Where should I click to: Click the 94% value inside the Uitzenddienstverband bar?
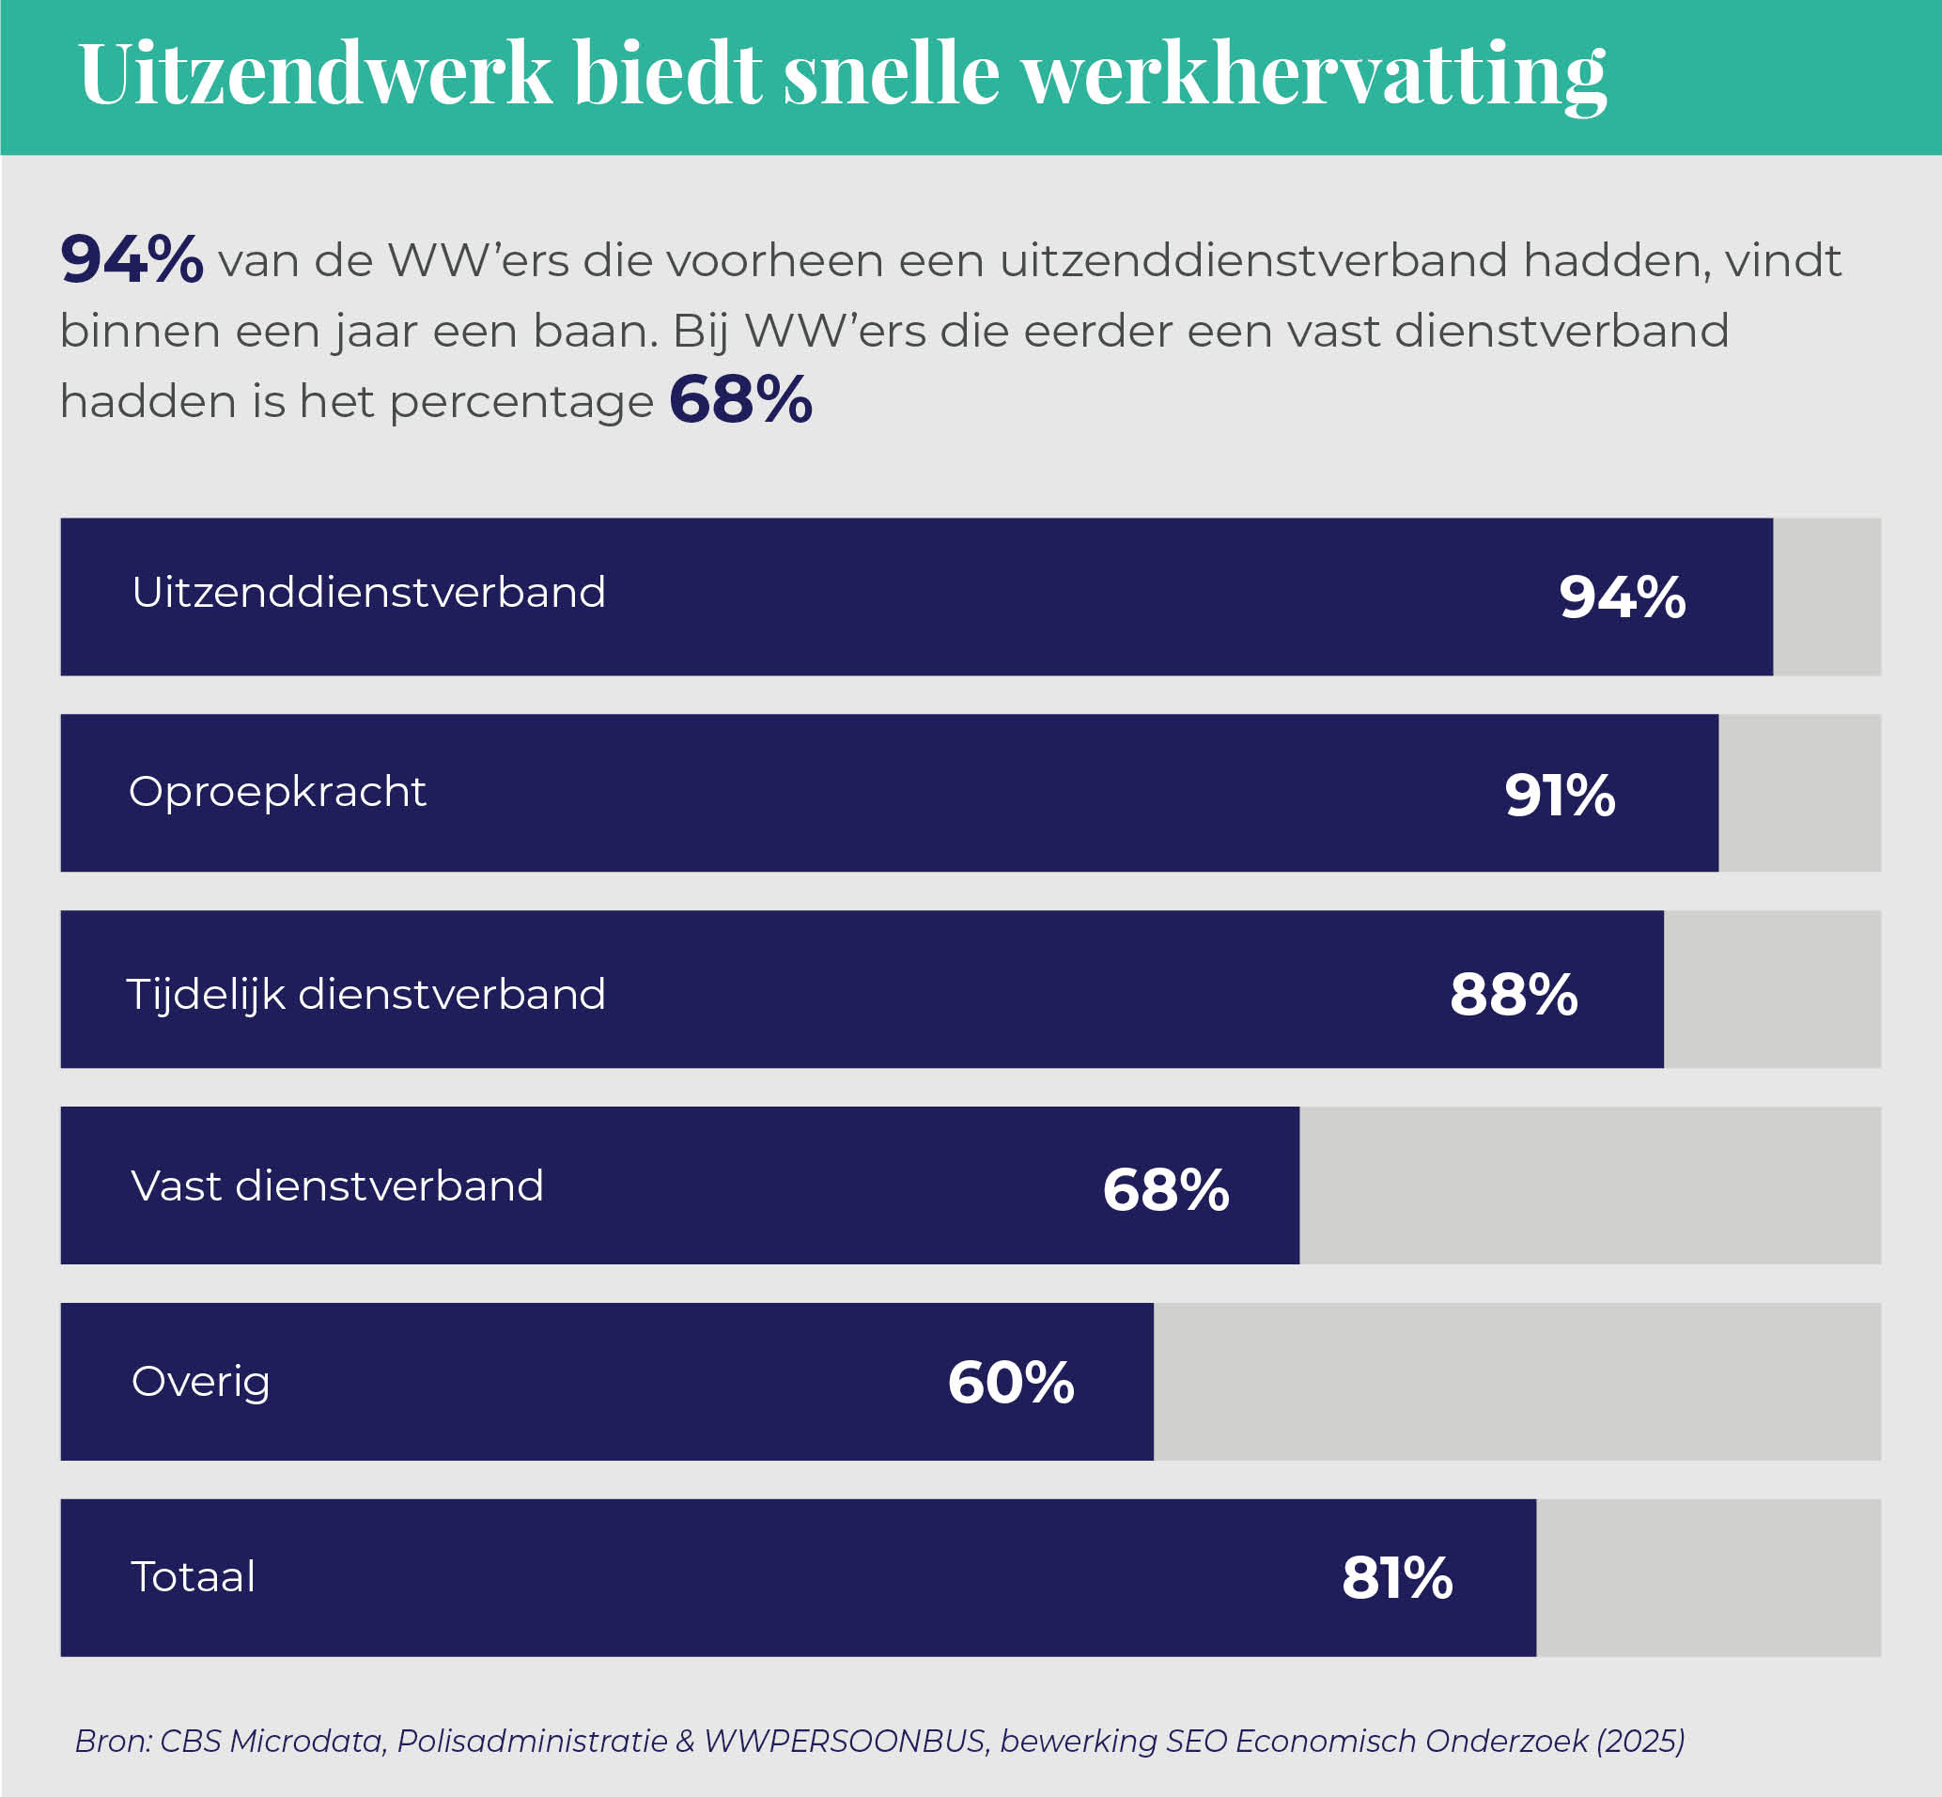(x=1621, y=597)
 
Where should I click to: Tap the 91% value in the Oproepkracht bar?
(x=1560, y=795)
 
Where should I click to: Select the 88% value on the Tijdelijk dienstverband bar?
(x=1514, y=994)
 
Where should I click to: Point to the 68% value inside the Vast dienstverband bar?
(x=1165, y=1189)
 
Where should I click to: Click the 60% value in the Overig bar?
(x=1010, y=1382)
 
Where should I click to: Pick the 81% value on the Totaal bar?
(x=1396, y=1577)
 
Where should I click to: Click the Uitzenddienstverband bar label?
(x=368, y=592)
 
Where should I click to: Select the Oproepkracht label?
(x=277, y=792)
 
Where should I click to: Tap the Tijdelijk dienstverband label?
(x=365, y=995)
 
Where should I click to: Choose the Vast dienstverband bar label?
(x=336, y=1186)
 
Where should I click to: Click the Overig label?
(x=200, y=1382)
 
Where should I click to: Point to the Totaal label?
(x=193, y=1576)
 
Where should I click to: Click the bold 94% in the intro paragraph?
(x=132, y=258)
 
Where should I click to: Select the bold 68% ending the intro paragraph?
(x=740, y=399)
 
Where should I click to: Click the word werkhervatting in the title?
(x=1313, y=74)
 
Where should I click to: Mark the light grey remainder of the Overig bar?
(x=1517, y=1382)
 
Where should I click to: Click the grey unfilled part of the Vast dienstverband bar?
(x=1590, y=1185)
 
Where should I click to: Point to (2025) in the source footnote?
(x=1640, y=1741)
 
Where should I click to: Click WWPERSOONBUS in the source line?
(x=844, y=1741)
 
